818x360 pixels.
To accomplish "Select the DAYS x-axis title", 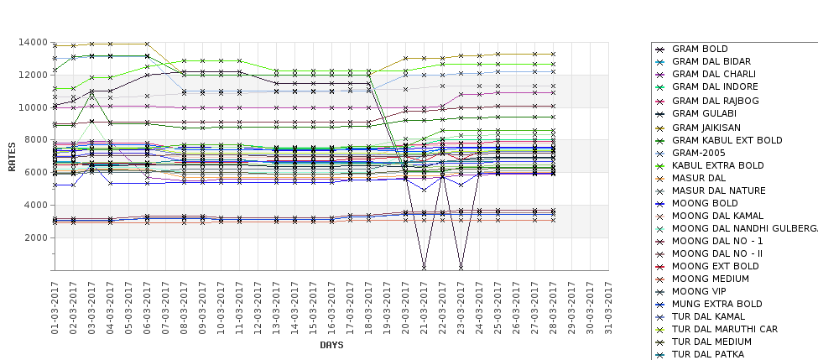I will click(331, 345).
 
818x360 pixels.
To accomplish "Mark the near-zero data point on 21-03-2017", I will click(425, 267).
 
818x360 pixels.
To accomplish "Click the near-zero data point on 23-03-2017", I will click(461, 267).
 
